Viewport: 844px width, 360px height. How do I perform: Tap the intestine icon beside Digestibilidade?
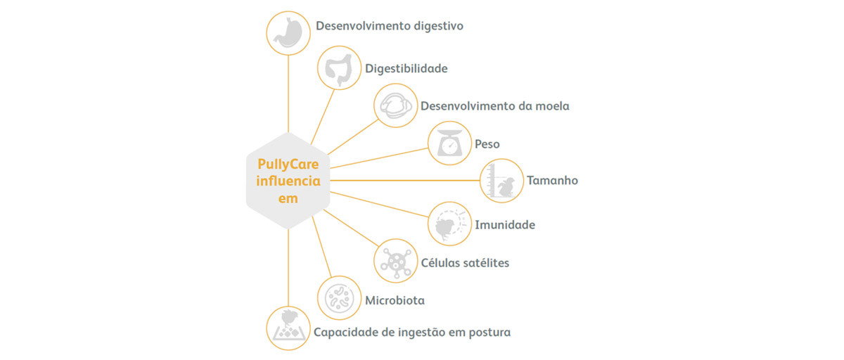tap(339, 67)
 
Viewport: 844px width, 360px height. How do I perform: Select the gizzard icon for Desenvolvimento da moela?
tap(395, 105)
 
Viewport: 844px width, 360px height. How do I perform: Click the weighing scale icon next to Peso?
tap(449, 143)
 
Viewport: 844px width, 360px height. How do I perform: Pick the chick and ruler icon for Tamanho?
tap(501, 181)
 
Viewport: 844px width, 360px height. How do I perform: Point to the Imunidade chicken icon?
tap(449, 224)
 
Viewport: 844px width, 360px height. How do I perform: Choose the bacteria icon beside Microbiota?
tap(339, 298)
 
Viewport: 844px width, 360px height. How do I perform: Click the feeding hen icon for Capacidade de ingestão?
tap(288, 328)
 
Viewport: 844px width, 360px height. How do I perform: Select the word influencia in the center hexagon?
tap(288, 181)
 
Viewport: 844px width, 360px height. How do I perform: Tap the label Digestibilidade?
tap(406, 68)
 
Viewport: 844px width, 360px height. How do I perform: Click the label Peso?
tap(487, 144)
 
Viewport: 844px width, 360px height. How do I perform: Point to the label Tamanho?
tap(552, 181)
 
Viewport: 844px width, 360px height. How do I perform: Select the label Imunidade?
tap(504, 225)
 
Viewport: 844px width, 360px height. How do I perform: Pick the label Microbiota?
tap(395, 301)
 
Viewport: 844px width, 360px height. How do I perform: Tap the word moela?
tap(551, 106)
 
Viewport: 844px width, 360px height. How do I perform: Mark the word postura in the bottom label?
tap(487, 332)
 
